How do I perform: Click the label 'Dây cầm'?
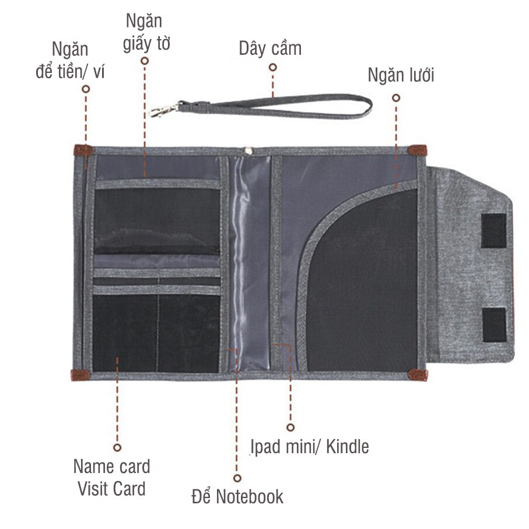pos(270,48)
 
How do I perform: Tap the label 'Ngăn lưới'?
pos(401,75)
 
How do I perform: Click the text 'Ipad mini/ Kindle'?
pos(310,447)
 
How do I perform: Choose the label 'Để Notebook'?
pos(237,496)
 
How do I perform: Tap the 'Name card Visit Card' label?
pos(111,477)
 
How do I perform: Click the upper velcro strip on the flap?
pos(493,230)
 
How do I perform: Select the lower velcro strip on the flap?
pos(494,325)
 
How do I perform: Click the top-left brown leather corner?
pos(83,150)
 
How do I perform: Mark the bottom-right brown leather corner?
pos(418,374)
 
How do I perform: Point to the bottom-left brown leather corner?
pos(80,374)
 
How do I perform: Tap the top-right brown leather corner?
pos(417,150)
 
